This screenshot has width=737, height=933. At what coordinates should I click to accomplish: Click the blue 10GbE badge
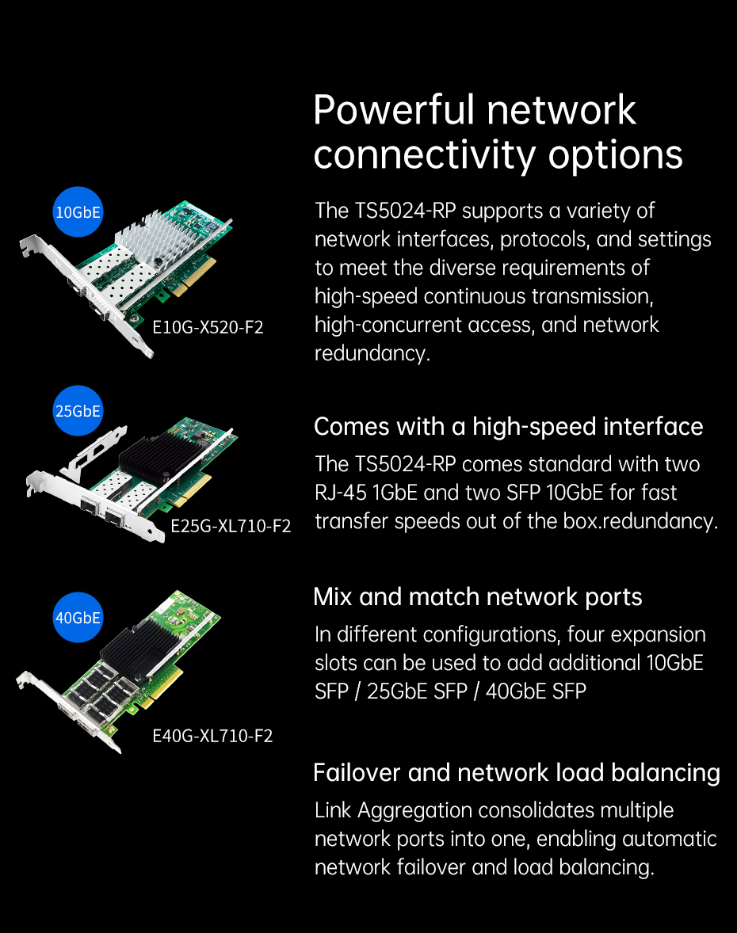tap(78, 212)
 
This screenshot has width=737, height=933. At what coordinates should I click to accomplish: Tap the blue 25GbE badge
tap(78, 410)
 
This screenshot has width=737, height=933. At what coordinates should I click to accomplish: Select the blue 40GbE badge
tap(78, 618)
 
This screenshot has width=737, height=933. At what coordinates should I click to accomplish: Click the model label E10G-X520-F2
tap(208, 327)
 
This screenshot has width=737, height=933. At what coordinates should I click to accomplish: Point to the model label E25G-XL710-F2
tap(231, 526)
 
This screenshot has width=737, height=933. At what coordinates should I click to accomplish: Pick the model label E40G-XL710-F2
tap(212, 736)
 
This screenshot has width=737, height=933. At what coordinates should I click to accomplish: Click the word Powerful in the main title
tap(394, 111)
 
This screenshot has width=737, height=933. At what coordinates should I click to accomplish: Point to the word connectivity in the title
tap(425, 156)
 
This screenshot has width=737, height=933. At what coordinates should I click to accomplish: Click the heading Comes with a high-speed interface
tap(509, 427)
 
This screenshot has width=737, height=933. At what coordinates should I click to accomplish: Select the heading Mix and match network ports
tap(478, 597)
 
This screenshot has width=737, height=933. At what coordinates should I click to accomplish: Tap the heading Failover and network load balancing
tap(517, 772)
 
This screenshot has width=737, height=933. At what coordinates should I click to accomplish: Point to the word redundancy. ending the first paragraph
tap(372, 354)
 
